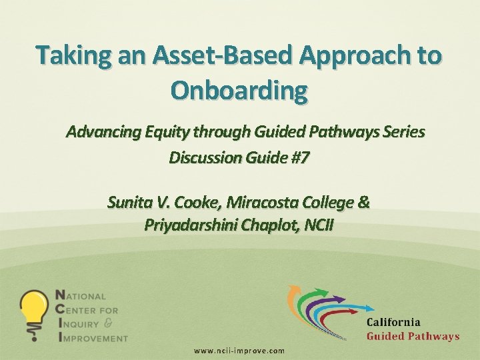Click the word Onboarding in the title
tap(239, 89)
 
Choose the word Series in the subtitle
tap(401, 131)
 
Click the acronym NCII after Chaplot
tap(319, 225)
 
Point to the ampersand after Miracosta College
tap(363, 201)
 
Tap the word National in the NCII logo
tap(81, 295)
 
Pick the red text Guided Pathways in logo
tap(413, 336)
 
